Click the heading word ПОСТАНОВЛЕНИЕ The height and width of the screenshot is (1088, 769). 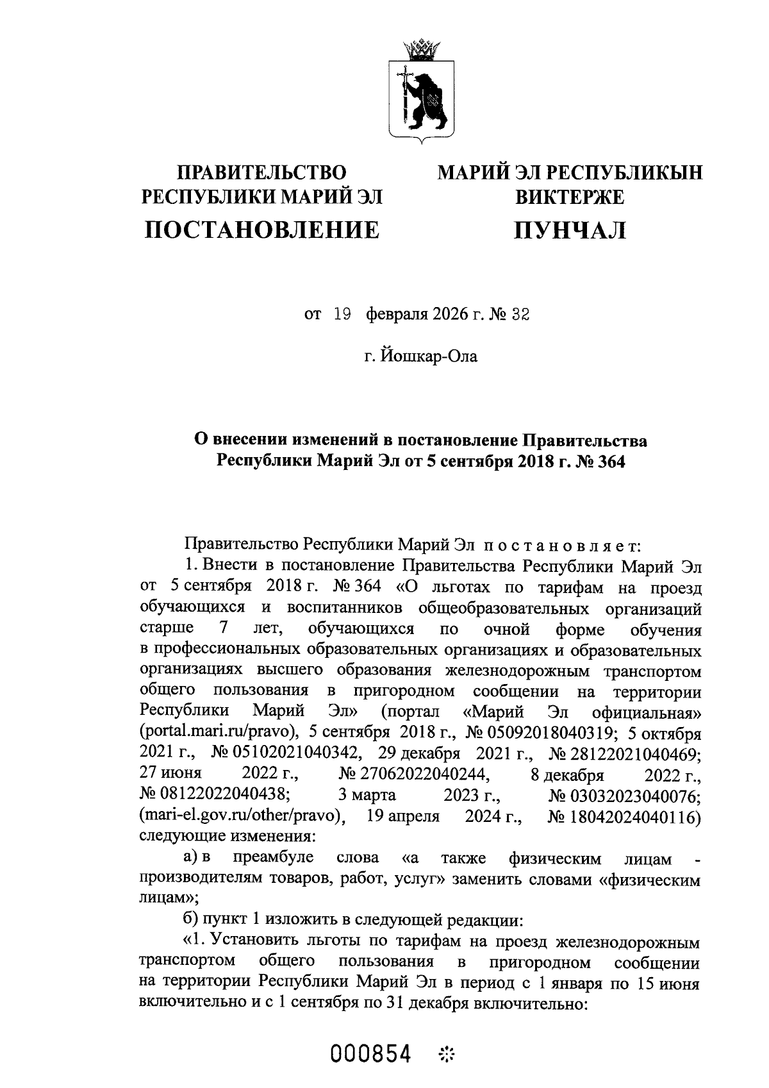point(261,229)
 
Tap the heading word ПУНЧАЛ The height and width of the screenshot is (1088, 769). point(570,229)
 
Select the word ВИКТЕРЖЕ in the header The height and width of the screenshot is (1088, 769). point(570,197)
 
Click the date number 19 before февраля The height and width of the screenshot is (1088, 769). point(342,315)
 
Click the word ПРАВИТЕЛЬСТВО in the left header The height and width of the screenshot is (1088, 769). point(261,172)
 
